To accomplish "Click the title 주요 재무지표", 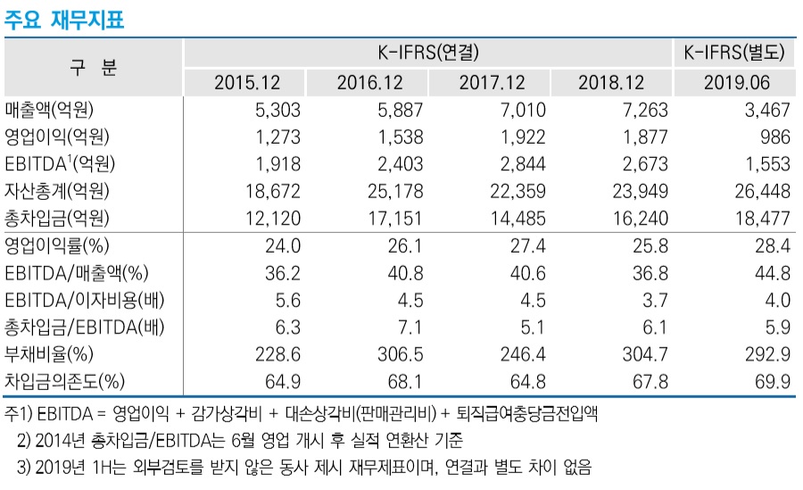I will [x=63, y=20].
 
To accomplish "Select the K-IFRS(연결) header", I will [x=428, y=54].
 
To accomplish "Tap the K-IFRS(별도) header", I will [x=734, y=54].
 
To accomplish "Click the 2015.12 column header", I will [x=247, y=83].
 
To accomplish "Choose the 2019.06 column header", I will [x=736, y=83].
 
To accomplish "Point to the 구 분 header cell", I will [x=93, y=68].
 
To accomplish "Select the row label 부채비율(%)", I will [x=50, y=354].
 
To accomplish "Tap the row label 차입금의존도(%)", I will [x=64, y=381].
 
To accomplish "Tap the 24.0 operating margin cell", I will [x=286, y=246].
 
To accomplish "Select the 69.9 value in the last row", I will [x=773, y=381].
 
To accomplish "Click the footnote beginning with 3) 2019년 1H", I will [x=303, y=465].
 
